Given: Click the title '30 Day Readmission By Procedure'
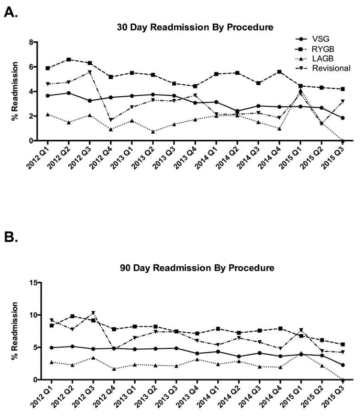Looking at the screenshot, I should coord(194,27).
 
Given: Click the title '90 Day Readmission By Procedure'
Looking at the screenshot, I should coord(194,267).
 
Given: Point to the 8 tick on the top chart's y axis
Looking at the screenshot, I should coord(33,43).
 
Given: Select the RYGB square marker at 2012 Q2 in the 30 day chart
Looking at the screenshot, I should coord(68,60).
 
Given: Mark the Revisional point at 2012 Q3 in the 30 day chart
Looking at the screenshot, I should coord(89,72).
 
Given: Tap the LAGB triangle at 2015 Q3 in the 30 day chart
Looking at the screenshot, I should coord(342,140).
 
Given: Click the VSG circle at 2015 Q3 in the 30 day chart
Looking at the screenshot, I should coord(342,118).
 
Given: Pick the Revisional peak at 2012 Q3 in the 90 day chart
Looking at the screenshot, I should coord(89,313).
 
